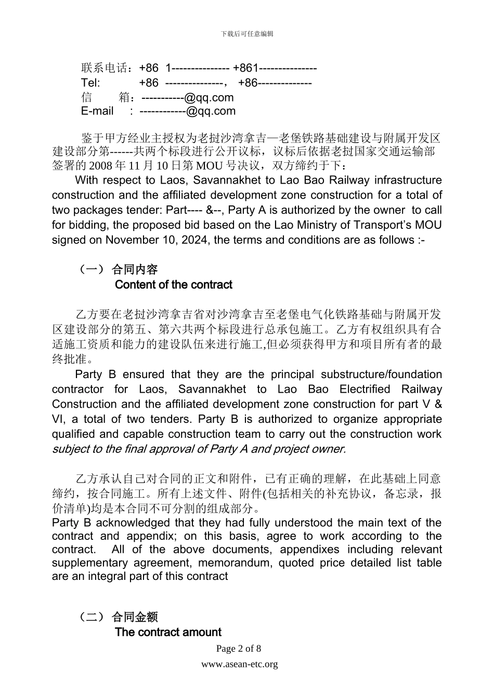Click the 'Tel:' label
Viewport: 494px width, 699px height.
tap(90, 83)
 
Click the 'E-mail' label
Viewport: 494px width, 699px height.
tap(97, 111)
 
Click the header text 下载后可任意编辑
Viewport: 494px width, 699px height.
tap(247, 34)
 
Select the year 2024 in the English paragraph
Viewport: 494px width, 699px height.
tap(197, 240)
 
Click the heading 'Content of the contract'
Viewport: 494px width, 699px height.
tap(173, 285)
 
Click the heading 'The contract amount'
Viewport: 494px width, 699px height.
tap(168, 632)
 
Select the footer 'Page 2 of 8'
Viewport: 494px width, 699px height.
tap(239, 649)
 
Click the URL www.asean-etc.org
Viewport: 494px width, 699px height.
tap(240, 664)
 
